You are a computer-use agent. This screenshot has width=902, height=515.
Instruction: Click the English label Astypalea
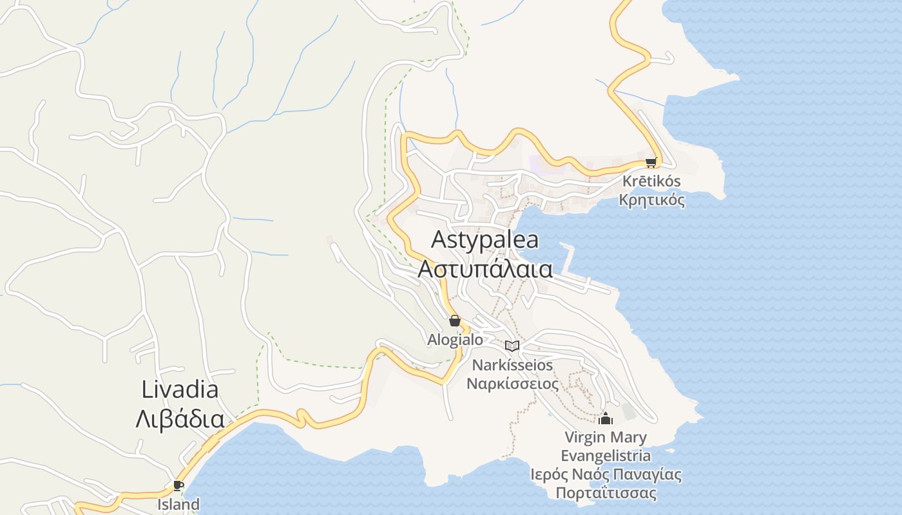[x=485, y=240]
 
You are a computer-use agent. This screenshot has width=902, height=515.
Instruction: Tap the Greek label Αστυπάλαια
[x=485, y=269]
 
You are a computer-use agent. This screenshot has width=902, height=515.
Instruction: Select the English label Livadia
[x=180, y=389]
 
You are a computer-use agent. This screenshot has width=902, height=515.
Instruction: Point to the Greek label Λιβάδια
[x=180, y=419]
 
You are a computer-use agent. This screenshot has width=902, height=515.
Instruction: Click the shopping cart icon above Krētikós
[x=651, y=163]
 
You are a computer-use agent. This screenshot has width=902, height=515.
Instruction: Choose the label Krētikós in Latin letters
[x=651, y=182]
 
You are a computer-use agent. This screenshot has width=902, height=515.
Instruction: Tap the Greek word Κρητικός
[x=651, y=200]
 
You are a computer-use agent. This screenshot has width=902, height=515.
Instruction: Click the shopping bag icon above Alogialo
[x=455, y=321]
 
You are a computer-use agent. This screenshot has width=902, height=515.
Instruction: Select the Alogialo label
[x=455, y=339]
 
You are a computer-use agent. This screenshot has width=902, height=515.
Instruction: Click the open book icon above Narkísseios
[x=512, y=346]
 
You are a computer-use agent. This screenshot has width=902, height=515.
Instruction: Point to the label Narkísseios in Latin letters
[x=512, y=365]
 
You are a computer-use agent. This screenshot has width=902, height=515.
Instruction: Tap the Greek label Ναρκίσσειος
[x=512, y=384]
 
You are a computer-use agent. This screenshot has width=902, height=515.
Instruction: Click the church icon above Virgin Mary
[x=605, y=419]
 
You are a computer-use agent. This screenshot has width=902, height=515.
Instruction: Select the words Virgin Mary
[x=605, y=438]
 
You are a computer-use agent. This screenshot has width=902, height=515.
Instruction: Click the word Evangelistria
[x=605, y=456]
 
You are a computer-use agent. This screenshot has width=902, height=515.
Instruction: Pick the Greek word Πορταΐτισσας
[x=606, y=494]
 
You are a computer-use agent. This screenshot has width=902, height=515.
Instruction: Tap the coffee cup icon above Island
[x=178, y=485]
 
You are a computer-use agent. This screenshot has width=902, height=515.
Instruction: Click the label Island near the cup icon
[x=178, y=504]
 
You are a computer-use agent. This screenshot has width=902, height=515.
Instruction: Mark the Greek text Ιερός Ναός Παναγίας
[x=605, y=475]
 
